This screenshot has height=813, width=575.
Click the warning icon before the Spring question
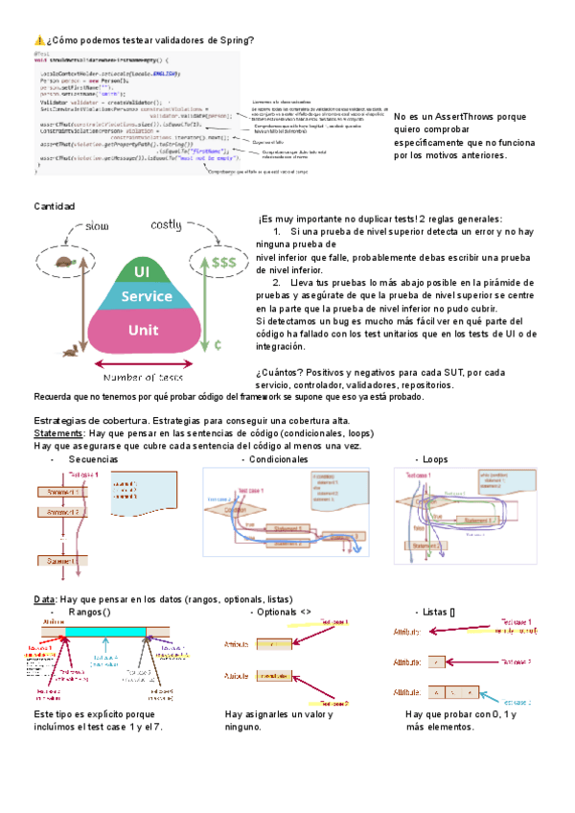[39, 39]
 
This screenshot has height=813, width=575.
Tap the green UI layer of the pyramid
[143, 270]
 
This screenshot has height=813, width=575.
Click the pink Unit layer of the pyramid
[143, 330]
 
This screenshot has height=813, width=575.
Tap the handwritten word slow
[99, 226]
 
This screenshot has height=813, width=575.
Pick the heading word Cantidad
[55, 207]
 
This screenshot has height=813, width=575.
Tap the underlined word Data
[43, 599]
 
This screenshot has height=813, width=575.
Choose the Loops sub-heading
[434, 459]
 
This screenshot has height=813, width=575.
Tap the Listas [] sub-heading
[438, 612]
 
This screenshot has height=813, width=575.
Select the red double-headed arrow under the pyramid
[144, 363]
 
